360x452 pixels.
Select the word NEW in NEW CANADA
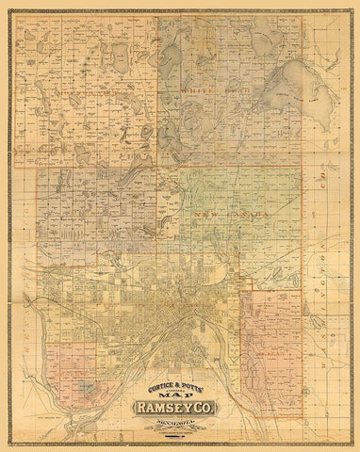pos(202,216)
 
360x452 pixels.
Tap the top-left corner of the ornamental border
pos(8,8)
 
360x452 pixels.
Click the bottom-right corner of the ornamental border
pos(352,444)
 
